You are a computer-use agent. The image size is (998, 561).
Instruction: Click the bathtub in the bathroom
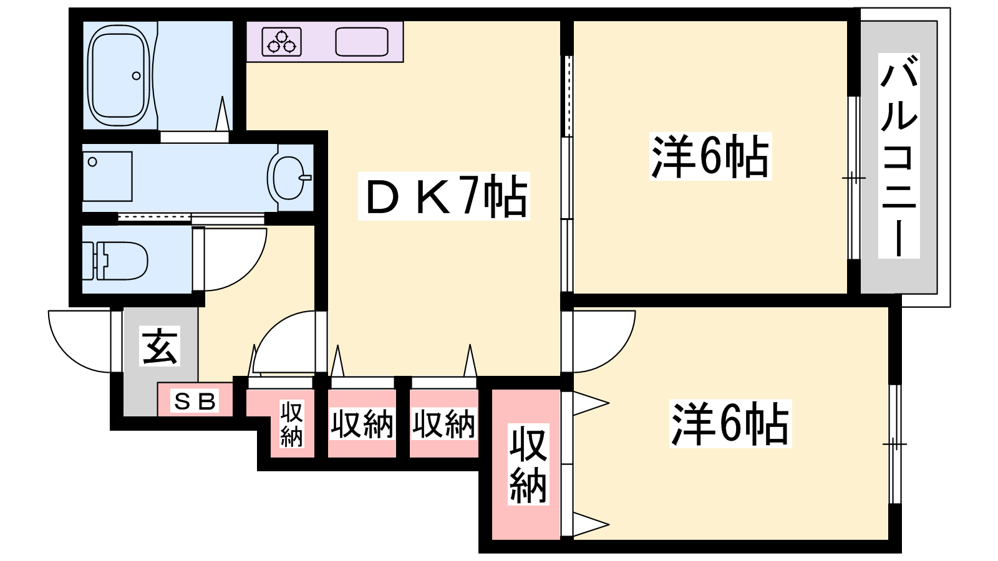119,75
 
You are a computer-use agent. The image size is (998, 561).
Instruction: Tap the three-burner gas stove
281,41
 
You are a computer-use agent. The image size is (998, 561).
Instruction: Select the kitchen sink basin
361,41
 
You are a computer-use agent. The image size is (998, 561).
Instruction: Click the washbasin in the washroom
289,178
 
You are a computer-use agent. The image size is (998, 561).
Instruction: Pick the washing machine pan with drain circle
107,176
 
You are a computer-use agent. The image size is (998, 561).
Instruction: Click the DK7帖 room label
443,196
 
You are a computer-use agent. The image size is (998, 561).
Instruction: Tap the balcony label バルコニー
899,156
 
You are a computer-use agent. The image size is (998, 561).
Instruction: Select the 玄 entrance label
160,346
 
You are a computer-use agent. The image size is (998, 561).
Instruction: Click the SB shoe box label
195,401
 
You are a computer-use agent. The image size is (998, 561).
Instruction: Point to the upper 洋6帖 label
710,156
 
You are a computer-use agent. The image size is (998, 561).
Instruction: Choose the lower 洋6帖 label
730,423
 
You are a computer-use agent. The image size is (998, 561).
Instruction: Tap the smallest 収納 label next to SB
291,423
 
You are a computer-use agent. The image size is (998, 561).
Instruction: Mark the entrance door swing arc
80,341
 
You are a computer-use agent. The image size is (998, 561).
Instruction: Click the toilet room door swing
231,259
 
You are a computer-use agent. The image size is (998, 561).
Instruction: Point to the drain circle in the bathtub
137,75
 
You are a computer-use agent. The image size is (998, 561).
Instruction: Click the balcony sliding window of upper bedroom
853,178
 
